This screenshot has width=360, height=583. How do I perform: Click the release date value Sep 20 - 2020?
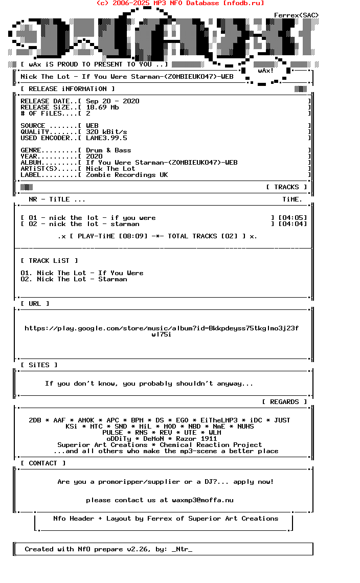pyautogui.click(x=112, y=101)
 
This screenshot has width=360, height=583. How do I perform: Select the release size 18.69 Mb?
pyautogui.click(x=102, y=107)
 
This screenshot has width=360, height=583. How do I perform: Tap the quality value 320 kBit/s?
pyautogui.click(x=106, y=132)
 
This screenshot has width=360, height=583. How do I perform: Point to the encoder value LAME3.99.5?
pyautogui.click(x=106, y=138)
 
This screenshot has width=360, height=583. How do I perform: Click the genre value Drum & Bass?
pyautogui.click(x=108, y=150)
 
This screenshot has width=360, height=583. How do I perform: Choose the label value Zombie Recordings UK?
pyautogui.click(x=127, y=175)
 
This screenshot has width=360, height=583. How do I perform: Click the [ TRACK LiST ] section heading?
pyautogui.click(x=49, y=261)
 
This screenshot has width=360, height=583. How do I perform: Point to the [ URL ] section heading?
pyautogui.click(x=35, y=304)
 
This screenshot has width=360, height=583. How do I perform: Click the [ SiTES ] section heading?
pyautogui.click(x=39, y=365)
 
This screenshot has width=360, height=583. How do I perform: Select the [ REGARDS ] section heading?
pyautogui.click(x=284, y=402)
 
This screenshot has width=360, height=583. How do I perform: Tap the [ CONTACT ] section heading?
pyautogui.click(x=43, y=463)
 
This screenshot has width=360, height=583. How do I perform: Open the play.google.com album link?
pyautogui.click(x=162, y=328)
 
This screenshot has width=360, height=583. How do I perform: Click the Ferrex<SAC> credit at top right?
pyautogui.click(x=297, y=15)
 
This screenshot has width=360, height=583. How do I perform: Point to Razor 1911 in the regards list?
pyautogui.click(x=196, y=439)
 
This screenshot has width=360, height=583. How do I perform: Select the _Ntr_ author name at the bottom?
pyautogui.click(x=182, y=549)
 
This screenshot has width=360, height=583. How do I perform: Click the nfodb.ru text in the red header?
pyautogui.click(x=243, y=3)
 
